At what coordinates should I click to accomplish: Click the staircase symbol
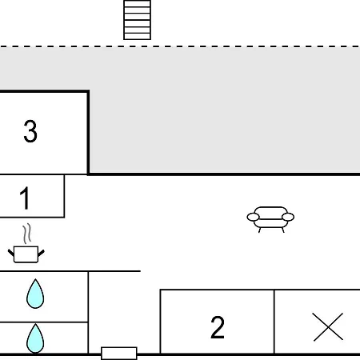138,20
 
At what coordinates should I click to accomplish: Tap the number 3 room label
30,131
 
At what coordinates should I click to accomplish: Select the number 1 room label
25,198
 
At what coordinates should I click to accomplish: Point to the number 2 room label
218,327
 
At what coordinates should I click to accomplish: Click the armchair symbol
270,219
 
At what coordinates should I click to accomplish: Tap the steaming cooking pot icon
26,243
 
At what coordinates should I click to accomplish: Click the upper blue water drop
35,294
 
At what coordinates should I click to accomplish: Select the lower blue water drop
35,338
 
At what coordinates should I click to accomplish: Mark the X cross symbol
328,327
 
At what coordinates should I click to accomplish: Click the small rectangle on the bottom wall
119,354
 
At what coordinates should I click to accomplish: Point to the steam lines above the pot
26,234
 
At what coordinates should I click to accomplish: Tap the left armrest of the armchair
253,217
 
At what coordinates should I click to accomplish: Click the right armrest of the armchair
288,217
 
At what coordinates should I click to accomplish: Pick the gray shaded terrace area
224,110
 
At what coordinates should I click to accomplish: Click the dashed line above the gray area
180,46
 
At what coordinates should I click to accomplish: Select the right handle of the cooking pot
42,253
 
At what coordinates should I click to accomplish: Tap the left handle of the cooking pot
11,253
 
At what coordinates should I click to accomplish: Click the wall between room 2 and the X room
274,322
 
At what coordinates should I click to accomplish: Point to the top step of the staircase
138,3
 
